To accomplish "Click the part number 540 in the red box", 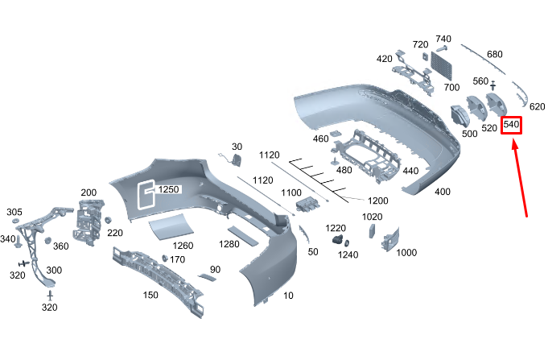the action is [511, 124].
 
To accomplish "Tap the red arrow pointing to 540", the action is [519, 178].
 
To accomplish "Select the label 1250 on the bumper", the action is [168, 189].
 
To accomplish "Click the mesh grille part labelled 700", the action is [442, 66].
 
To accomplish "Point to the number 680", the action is [495, 54].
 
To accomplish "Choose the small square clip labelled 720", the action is [425, 56].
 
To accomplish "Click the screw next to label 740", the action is [442, 48].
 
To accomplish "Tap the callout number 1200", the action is [377, 201].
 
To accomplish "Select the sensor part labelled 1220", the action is [338, 240].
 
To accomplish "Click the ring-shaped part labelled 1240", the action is [347, 243].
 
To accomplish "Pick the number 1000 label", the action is [406, 253].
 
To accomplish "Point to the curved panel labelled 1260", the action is [171, 226].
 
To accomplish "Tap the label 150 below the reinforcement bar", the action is [150, 295].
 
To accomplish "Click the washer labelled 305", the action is [16, 221].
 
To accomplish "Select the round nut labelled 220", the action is [108, 220].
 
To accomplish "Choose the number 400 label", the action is [443, 192].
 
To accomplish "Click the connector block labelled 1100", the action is [308, 204].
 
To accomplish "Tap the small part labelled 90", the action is [208, 277].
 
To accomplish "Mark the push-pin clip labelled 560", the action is [493, 85].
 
